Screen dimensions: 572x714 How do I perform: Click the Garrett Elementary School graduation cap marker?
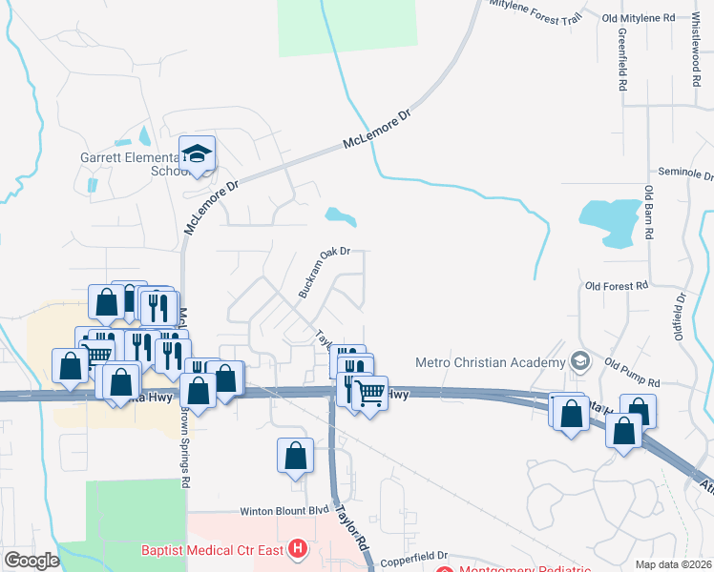click(197, 154)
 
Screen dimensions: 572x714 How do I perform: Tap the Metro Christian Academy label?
click(491, 362)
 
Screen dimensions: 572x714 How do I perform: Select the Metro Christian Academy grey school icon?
click(579, 361)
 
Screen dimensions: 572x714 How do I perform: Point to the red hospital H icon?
click(299, 550)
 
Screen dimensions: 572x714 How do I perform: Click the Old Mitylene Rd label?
click(639, 18)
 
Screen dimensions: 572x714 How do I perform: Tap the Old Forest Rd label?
click(617, 285)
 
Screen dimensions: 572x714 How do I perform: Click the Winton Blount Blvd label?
click(277, 510)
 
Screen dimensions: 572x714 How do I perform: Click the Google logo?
click(31, 561)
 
